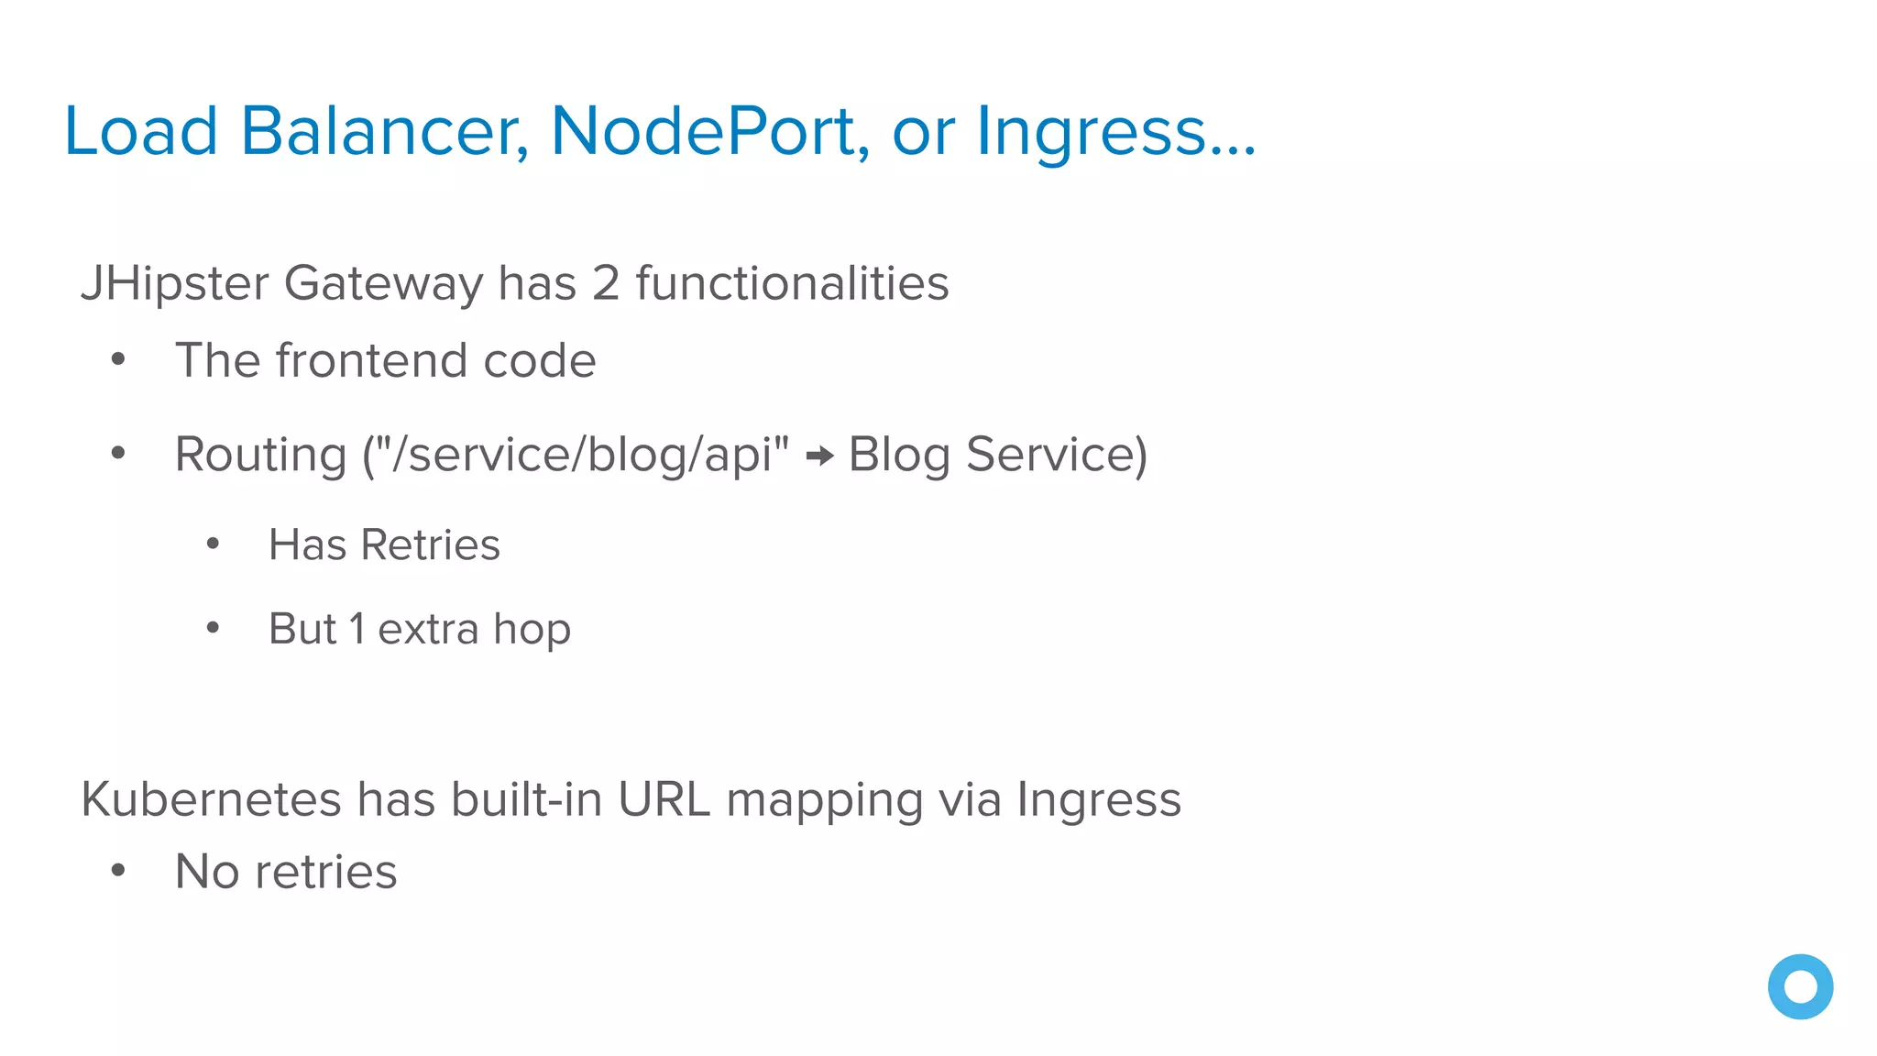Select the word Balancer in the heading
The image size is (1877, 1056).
click(x=385, y=131)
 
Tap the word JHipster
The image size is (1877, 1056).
click(x=175, y=283)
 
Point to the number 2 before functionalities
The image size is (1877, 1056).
click(x=606, y=283)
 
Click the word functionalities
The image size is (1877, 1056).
click(x=792, y=283)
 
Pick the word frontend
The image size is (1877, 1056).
click(x=372, y=360)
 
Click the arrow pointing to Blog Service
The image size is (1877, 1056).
click(x=819, y=456)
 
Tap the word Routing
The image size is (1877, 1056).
click(x=261, y=456)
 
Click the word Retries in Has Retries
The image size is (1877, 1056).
click(x=431, y=545)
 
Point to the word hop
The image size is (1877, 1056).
click(x=532, y=631)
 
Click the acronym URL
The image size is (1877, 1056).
click(x=664, y=799)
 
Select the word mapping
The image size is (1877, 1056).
click(x=824, y=801)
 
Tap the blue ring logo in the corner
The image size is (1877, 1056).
click(x=1800, y=986)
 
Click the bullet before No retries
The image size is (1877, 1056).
click(x=118, y=871)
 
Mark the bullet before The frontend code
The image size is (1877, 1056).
click(x=118, y=360)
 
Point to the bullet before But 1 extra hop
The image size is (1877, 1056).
click(x=213, y=629)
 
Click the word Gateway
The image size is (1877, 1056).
click(x=383, y=283)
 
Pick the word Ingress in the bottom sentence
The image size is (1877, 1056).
click(x=1099, y=801)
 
